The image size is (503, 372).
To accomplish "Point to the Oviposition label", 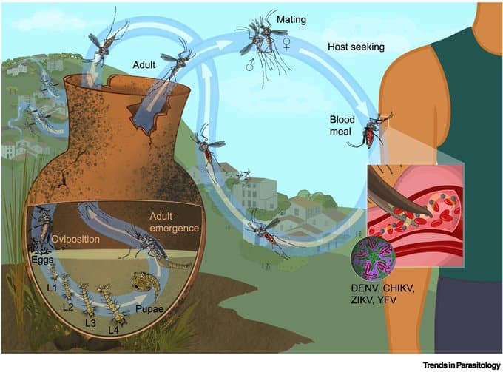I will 78,238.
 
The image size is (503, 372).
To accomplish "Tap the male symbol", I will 252,66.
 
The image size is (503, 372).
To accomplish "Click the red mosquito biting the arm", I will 373,132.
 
